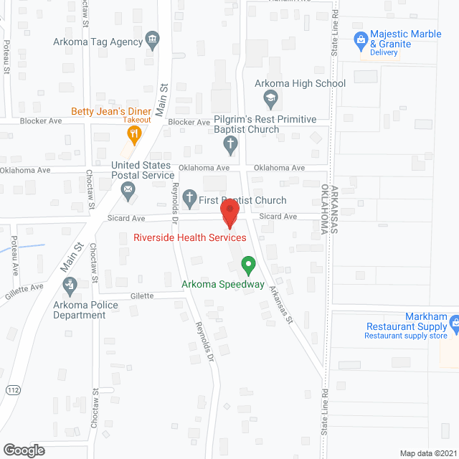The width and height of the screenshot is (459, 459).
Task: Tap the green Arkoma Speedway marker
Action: point(248,266)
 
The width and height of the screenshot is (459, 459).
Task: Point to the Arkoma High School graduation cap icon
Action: point(271,97)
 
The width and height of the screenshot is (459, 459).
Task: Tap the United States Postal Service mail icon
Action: point(128,190)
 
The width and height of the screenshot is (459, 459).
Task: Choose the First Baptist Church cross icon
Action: point(190,197)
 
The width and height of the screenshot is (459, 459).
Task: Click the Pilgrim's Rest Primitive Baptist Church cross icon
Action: point(230,145)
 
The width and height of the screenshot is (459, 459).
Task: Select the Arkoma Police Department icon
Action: point(71,287)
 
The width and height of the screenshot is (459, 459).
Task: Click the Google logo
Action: point(24,450)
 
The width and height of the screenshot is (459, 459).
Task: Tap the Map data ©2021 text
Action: point(427,453)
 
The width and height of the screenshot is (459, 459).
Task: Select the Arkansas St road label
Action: point(282,305)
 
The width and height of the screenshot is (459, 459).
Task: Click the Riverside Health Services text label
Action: point(190,237)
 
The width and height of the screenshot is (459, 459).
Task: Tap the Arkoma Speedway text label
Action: point(222,284)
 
